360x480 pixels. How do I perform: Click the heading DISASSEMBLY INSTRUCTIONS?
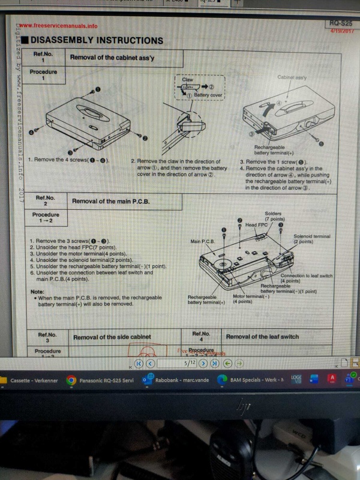point(97,41)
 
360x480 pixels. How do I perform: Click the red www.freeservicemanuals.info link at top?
point(58,26)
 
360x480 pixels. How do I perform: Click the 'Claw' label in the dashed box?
point(188,79)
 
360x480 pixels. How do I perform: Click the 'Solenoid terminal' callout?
point(312,238)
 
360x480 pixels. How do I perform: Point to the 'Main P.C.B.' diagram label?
point(203,241)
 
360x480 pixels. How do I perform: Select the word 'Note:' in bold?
point(37,291)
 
